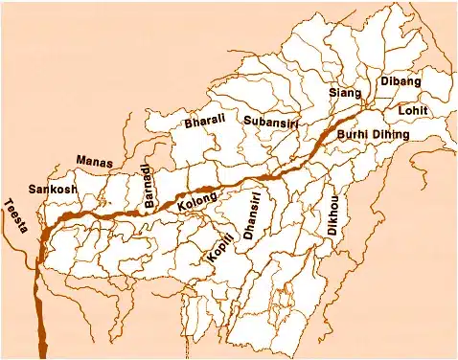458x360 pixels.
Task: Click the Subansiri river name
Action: click(271, 123)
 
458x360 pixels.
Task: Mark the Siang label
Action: click(343, 93)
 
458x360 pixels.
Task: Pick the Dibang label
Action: click(401, 82)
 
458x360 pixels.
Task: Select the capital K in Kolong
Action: click(181, 207)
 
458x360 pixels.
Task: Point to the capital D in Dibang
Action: click(385, 82)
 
